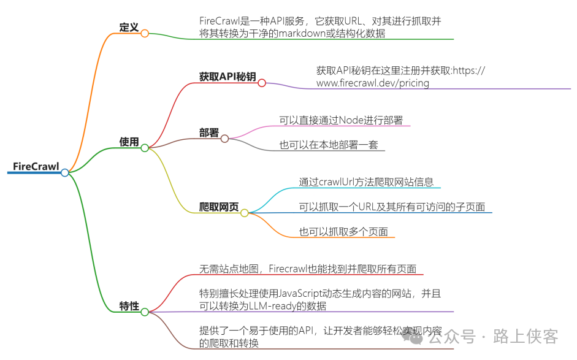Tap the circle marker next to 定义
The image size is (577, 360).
(145, 33)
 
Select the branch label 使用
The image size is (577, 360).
(129, 142)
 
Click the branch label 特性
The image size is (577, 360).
(129, 306)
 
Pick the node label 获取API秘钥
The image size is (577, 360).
(227, 77)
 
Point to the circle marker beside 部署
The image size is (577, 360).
(224, 139)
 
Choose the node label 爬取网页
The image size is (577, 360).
(219, 207)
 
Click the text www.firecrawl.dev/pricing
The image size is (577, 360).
(372, 83)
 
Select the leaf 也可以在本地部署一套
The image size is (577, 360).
(329, 145)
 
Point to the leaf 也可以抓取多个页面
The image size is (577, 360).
(343, 232)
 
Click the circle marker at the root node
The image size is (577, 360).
(65, 173)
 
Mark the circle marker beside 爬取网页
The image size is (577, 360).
(244, 213)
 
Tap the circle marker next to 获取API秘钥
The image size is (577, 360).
(261, 83)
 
